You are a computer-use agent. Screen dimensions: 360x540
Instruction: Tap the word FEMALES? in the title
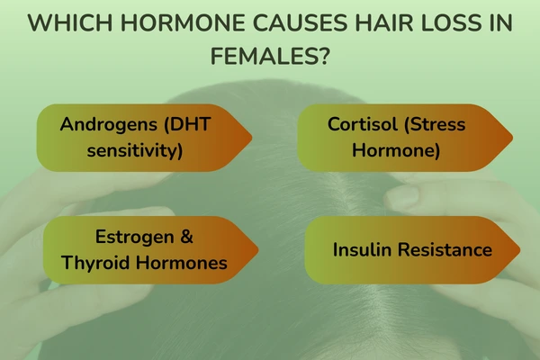(x=270, y=57)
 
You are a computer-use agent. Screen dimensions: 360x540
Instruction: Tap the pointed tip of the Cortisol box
(x=513, y=138)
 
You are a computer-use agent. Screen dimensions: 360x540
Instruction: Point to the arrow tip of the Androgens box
(x=251, y=138)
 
